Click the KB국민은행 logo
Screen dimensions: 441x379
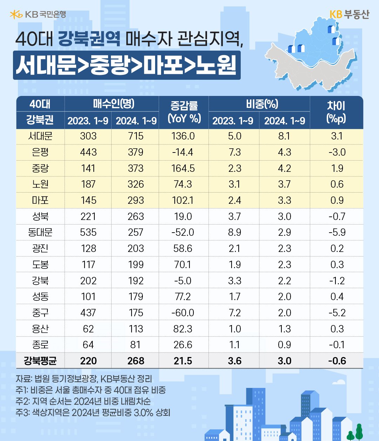pos(38,14)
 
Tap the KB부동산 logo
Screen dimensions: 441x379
pos(349,14)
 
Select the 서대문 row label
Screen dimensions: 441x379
pos(40,136)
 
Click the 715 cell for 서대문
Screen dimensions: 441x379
pos(136,136)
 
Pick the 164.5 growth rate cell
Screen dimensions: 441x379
pos(183,168)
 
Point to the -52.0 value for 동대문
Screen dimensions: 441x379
pos(183,232)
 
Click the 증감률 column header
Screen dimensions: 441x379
pos(184,112)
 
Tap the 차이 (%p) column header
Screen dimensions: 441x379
pos(336,112)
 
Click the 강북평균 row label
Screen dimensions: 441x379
pos(40,361)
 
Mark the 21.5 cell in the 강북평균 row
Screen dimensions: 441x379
pos(183,361)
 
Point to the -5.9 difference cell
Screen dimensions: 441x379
pos(337,232)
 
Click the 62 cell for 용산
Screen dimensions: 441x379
pos(88,329)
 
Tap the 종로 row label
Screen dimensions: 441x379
pos(40,345)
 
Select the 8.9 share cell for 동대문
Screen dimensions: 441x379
pos(234,232)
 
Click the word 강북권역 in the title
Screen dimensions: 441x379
pos(89,39)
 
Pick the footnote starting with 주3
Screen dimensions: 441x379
pos(93,412)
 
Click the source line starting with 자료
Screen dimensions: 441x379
pos(84,379)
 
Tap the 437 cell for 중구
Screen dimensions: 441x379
pos(88,313)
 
